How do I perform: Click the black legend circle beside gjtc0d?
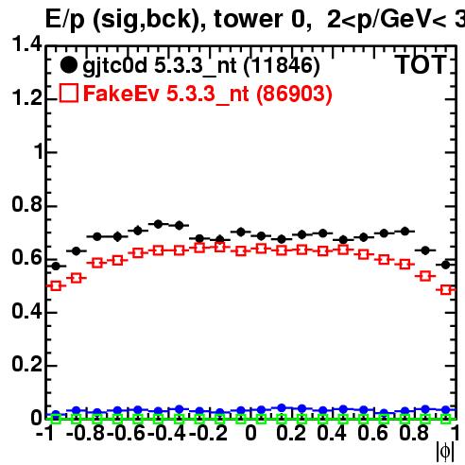pos(68,65)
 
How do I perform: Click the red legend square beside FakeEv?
pos(68,94)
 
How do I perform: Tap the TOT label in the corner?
pos(421,65)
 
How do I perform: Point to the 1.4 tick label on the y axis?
pos(26,43)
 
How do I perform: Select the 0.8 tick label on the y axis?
pos(26,204)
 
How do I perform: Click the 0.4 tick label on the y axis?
pos(26,311)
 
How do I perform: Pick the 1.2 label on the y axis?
pos(26,97)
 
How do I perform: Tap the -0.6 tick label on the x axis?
pos(126,433)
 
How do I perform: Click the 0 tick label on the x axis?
pos(250,433)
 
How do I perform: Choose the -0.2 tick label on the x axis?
pos(208,433)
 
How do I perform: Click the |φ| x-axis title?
pos(445,452)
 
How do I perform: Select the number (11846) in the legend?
pos(282,65)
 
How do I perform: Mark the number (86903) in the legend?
pos(294,94)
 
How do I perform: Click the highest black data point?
pos(158,224)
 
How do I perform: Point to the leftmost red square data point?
pos(56,286)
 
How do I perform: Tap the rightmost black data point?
pos(445,265)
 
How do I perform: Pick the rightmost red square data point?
pos(445,289)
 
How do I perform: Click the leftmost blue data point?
pos(56,415)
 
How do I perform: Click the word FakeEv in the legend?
pos(121,94)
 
